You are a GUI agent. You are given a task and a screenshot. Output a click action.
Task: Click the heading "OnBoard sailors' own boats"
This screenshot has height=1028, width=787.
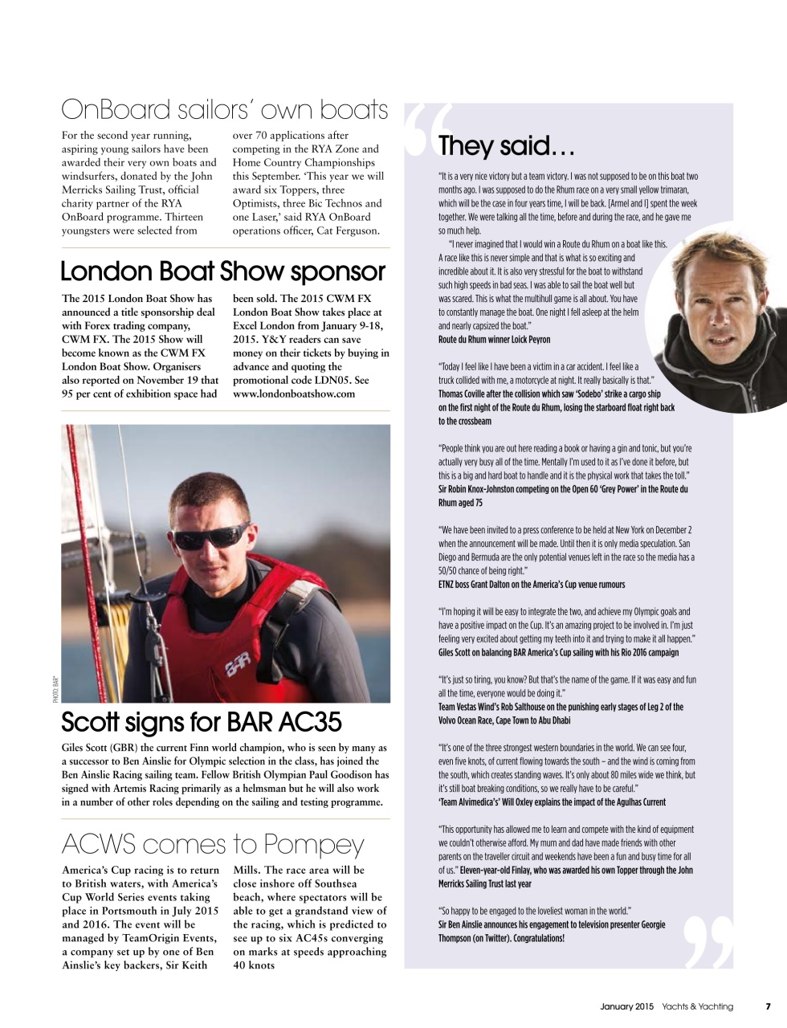coord(224,109)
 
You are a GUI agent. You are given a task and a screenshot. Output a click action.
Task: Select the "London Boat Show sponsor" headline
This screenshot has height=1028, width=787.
coord(222,271)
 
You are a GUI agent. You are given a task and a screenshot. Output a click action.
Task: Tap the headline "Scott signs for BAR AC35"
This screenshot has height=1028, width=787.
coord(202,723)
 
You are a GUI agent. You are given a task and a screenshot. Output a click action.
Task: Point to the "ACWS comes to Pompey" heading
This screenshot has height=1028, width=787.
coord(212,844)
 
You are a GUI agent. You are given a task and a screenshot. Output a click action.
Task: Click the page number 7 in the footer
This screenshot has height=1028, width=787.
coord(768,1006)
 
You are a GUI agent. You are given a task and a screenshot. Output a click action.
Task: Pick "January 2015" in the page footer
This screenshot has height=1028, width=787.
coord(627,1006)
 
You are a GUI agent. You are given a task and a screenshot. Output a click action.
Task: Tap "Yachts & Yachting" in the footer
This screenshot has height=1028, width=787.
coord(697,1006)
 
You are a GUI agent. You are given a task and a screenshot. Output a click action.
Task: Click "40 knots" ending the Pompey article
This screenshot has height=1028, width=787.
coord(254,965)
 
